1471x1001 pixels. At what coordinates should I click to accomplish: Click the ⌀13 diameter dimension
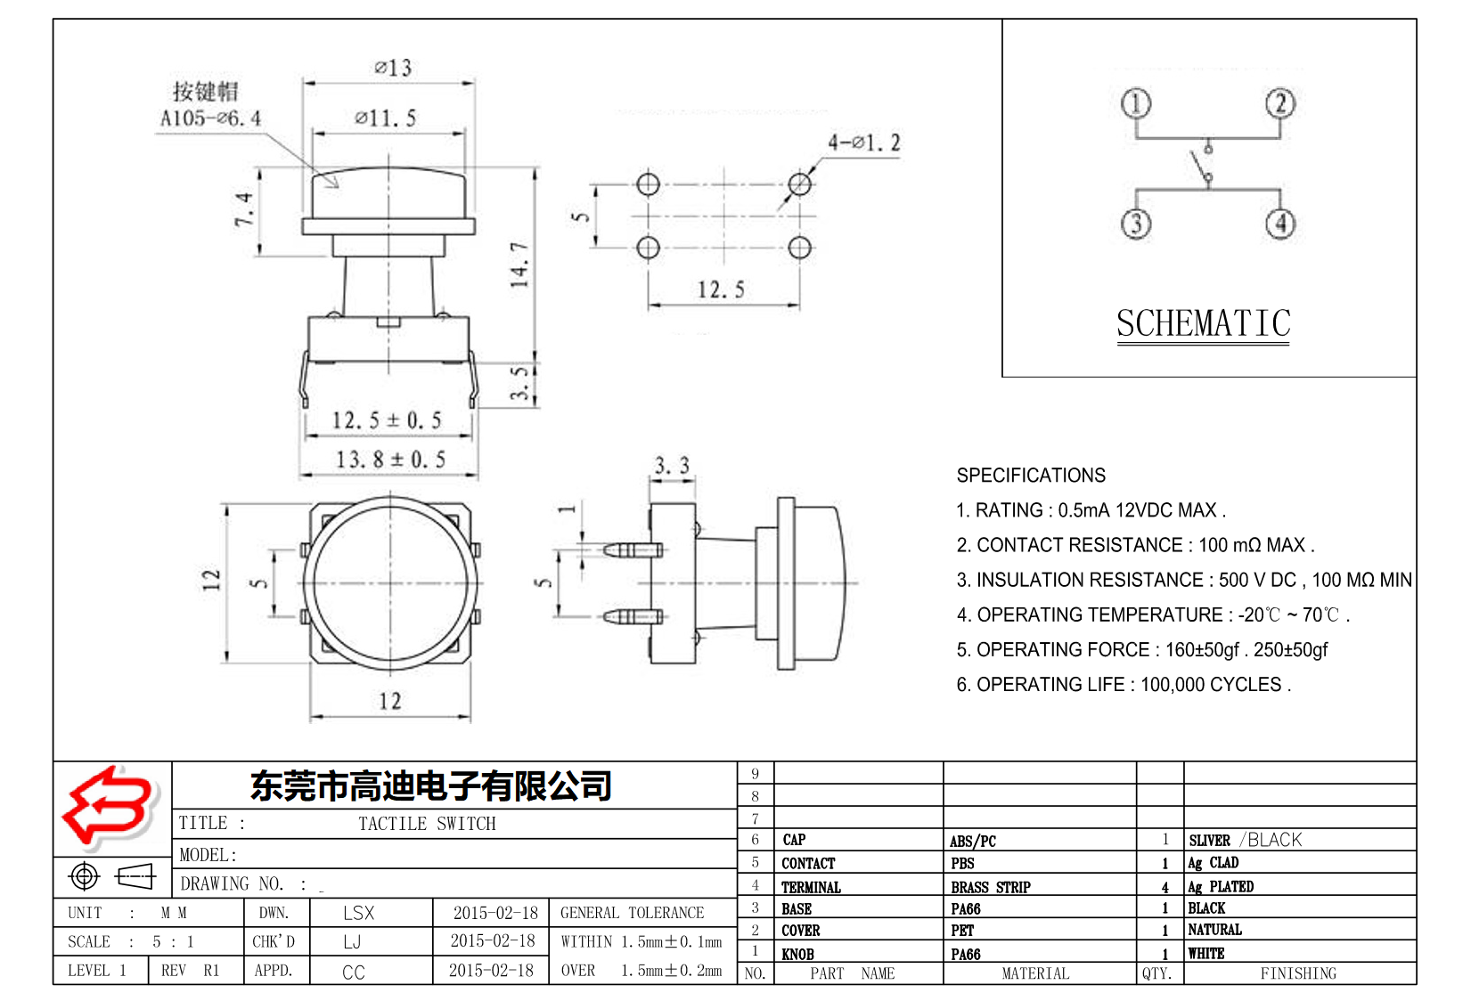(x=393, y=69)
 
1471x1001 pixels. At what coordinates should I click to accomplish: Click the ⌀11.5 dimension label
(x=385, y=118)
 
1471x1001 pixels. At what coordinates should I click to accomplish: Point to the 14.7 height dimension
(x=519, y=264)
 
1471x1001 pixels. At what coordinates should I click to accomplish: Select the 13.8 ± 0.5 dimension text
(x=390, y=460)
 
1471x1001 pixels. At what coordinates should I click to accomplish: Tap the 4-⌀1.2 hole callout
(x=863, y=142)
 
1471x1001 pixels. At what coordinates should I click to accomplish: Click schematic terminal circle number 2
(x=1280, y=103)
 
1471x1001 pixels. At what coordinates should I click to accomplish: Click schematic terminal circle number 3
(x=1136, y=223)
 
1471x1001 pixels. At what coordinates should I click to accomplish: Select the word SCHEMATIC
(x=1203, y=324)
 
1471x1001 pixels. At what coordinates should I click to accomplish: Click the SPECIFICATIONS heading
(x=1031, y=476)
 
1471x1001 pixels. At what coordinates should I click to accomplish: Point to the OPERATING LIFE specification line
(x=1123, y=685)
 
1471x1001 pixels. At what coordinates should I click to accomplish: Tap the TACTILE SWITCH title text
(x=427, y=824)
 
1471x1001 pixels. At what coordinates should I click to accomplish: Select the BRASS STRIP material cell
(x=990, y=887)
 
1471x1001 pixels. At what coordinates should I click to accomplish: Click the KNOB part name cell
(x=797, y=954)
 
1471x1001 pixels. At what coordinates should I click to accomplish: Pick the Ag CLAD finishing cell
(x=1214, y=863)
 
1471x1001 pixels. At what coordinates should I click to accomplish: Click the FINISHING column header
(x=1298, y=973)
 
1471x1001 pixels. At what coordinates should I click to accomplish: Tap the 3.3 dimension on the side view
(x=672, y=466)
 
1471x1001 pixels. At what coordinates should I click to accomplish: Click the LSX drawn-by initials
(x=358, y=913)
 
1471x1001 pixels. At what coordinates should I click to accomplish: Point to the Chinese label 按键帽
(x=205, y=91)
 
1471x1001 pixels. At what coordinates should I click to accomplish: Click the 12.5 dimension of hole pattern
(x=720, y=289)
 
